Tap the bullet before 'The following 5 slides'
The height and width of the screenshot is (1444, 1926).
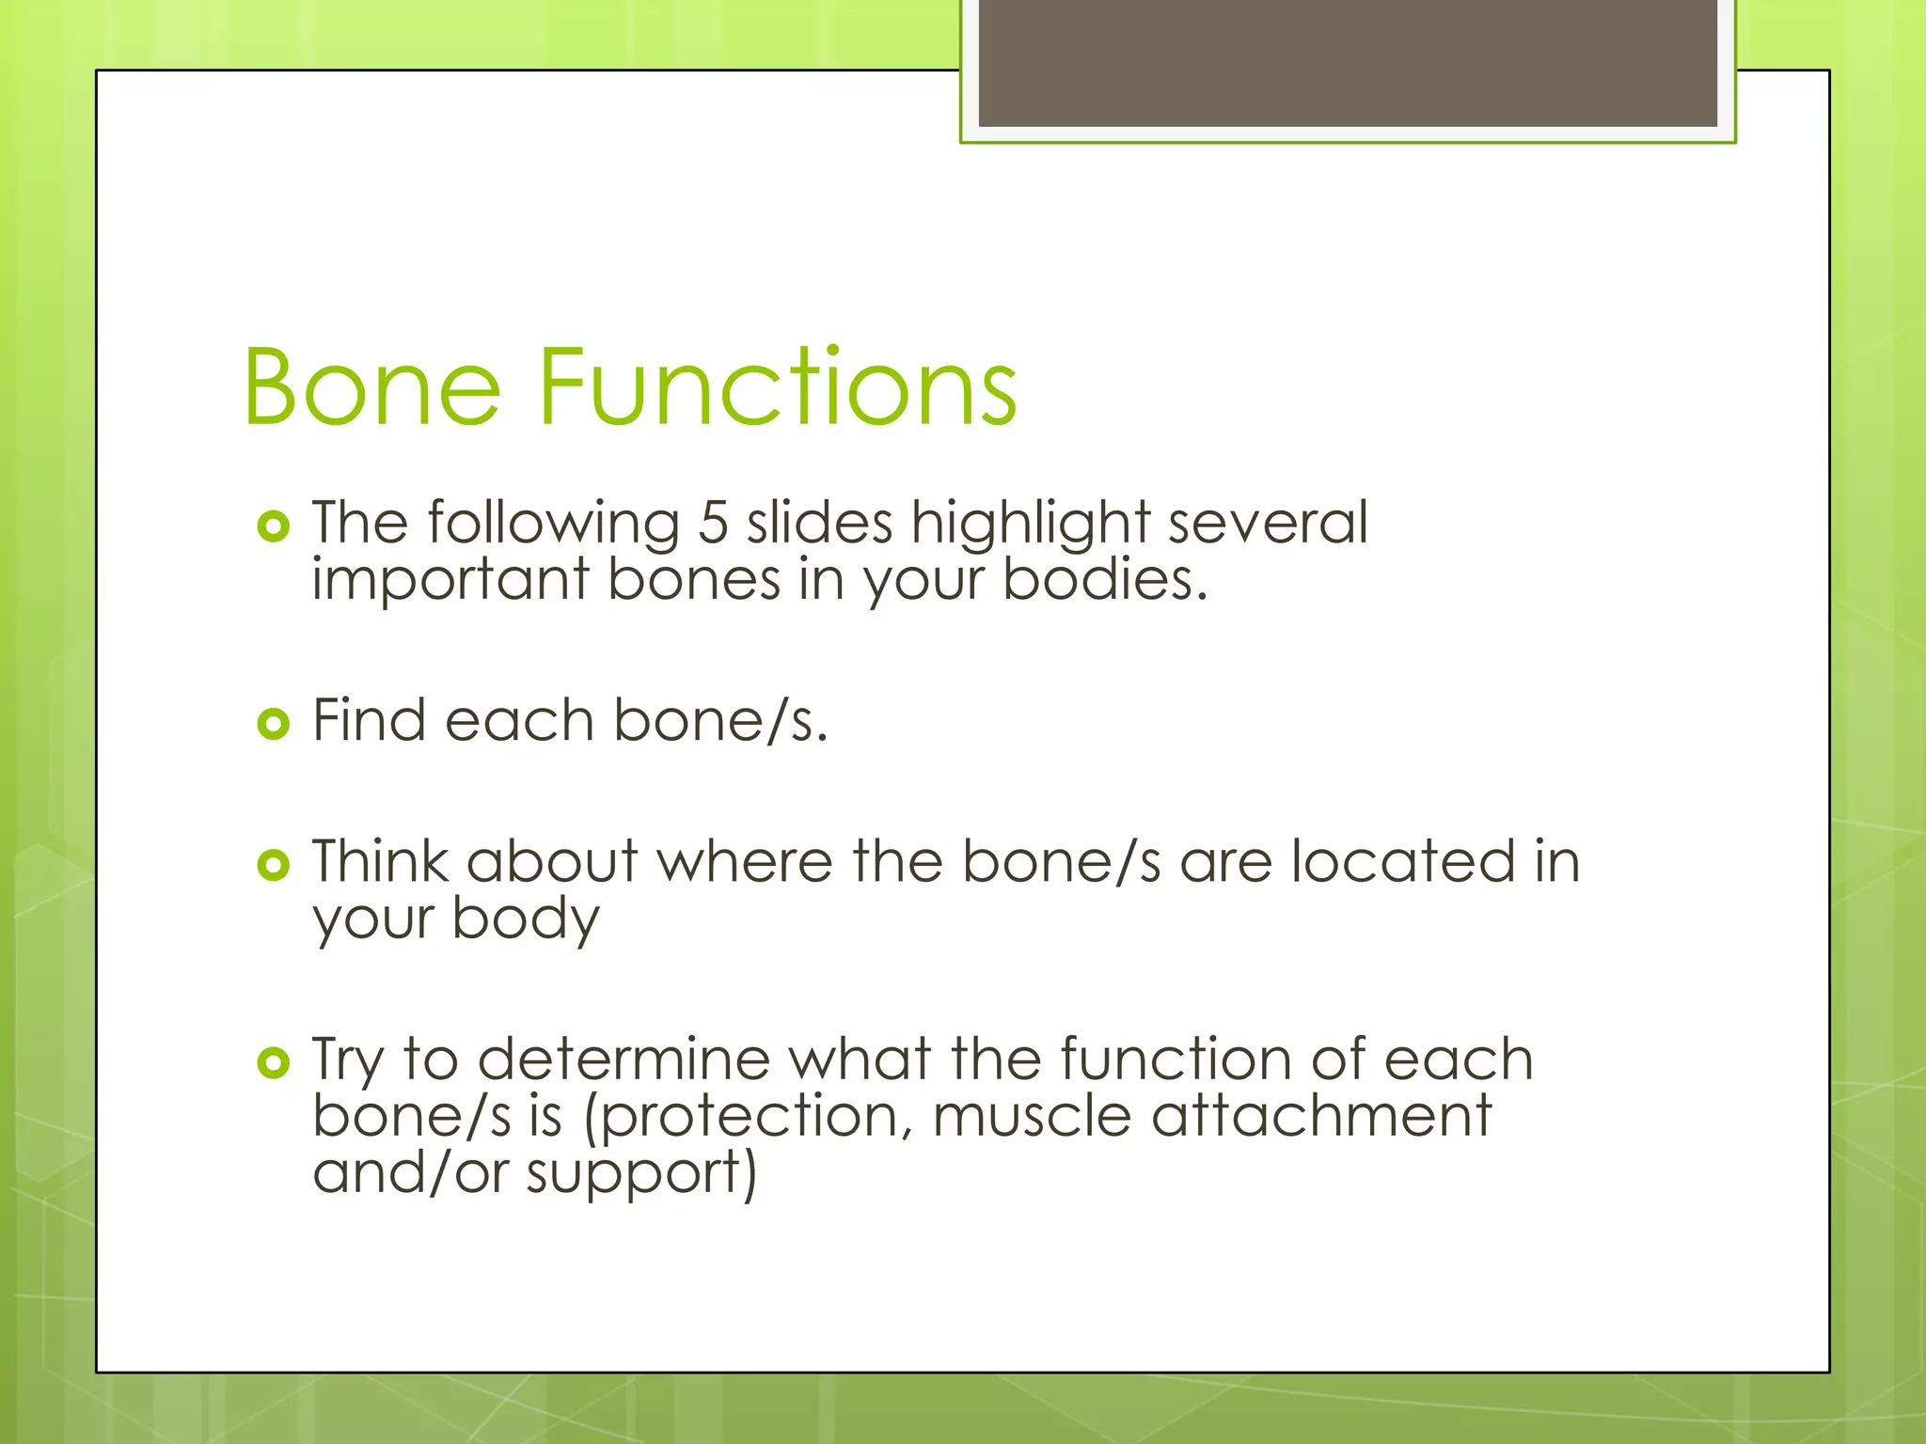(x=273, y=526)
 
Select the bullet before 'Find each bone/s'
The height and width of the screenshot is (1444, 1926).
(x=273, y=724)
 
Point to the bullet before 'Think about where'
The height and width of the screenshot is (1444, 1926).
(x=273, y=865)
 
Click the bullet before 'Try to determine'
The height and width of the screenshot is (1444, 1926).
(x=273, y=1063)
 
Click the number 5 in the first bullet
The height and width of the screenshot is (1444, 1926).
(x=713, y=523)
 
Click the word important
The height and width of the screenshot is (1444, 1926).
(x=450, y=580)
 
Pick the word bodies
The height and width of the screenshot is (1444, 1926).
(x=1103, y=580)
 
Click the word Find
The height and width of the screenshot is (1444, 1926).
(x=369, y=721)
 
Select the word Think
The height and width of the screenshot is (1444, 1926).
(x=381, y=862)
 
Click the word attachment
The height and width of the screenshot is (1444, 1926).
(x=1321, y=1116)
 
